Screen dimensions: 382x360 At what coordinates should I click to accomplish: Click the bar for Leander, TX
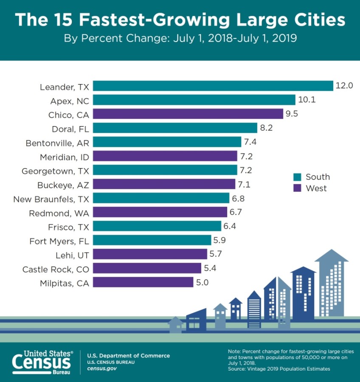[x=212, y=86]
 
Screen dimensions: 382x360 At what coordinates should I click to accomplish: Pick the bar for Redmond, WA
[x=160, y=212]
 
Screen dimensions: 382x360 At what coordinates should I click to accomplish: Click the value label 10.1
[x=307, y=100]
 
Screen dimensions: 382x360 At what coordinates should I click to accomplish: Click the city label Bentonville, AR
[x=57, y=143]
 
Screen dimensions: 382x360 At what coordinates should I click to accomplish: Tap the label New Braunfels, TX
[x=51, y=199]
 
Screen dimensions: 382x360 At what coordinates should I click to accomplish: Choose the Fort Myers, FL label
[x=59, y=241]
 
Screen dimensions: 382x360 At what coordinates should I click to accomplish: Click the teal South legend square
[x=297, y=177]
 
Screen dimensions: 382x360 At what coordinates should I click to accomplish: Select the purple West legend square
[x=297, y=188]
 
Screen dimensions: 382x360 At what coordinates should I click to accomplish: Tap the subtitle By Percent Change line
[x=180, y=38]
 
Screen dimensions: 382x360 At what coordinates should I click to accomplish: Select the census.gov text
[x=101, y=368]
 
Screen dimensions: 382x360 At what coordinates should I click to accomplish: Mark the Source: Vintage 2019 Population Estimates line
[x=279, y=369]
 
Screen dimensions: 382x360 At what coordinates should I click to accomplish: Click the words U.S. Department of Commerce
[x=128, y=356]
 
